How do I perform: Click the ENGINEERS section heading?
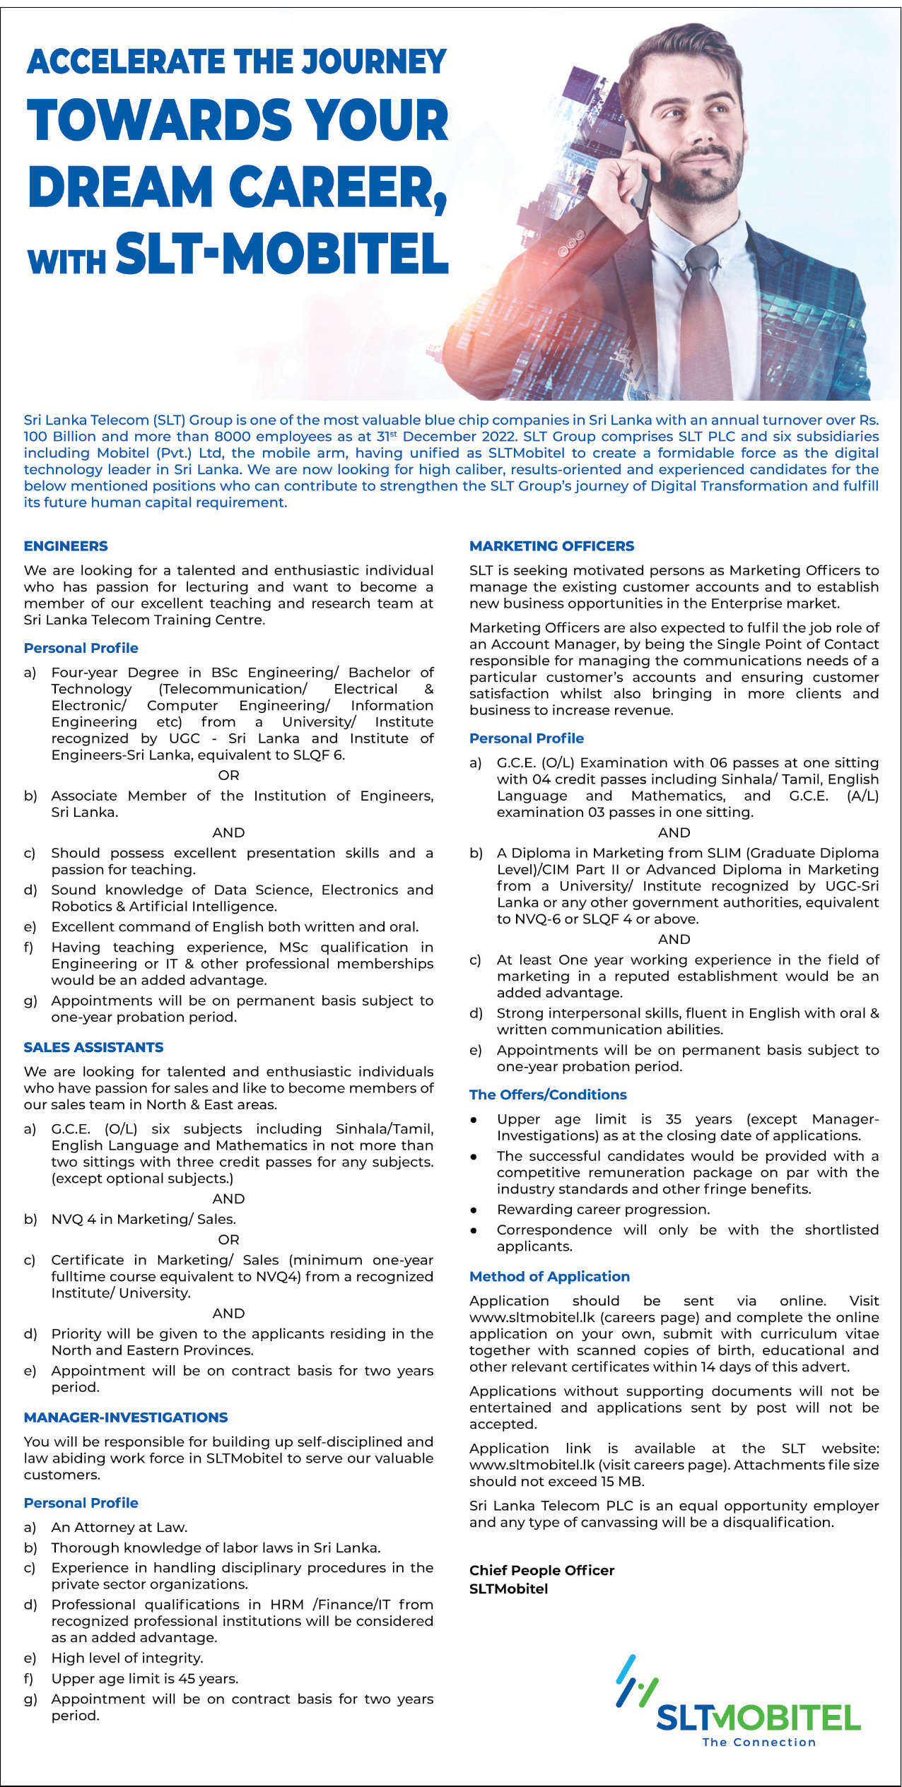tap(66, 546)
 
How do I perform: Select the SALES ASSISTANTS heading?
tap(93, 1047)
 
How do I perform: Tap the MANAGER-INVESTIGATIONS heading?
tap(126, 1417)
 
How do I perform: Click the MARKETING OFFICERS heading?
tap(551, 546)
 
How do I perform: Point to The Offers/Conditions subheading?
tap(548, 1095)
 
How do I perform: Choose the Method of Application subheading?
tap(549, 1276)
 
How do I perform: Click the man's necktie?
tap(703, 311)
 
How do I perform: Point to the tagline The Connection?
tap(758, 1742)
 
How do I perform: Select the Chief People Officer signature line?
tap(541, 1570)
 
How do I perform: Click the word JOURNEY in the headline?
tap(374, 62)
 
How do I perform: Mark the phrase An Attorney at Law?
tap(119, 1527)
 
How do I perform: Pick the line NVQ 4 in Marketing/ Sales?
tap(143, 1219)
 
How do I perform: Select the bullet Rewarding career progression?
tap(603, 1209)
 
